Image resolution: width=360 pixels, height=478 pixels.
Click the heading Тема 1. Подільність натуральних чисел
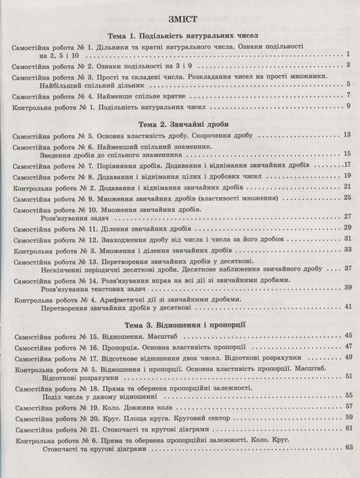point(179,34)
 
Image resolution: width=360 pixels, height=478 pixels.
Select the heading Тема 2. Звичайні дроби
point(179,124)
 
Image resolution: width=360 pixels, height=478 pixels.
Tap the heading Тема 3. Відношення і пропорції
point(179,324)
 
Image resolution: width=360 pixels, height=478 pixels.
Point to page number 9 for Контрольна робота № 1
point(347,106)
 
